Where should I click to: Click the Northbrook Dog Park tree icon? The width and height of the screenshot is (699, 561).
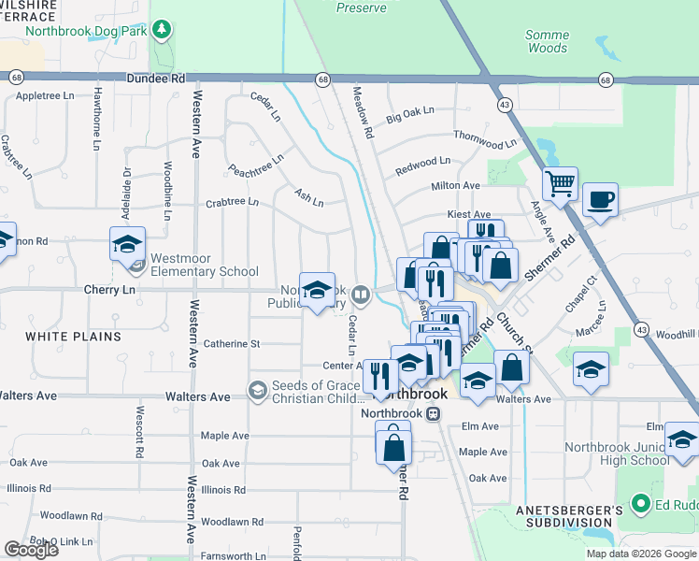click(x=164, y=30)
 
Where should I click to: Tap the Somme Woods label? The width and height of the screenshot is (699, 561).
click(x=548, y=41)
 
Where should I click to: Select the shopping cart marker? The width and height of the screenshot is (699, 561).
click(x=560, y=183)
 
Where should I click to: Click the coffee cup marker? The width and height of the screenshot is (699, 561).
click(x=600, y=198)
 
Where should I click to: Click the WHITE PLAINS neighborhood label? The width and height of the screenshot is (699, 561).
click(x=73, y=336)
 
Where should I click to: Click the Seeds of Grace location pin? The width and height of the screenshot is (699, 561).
click(x=257, y=388)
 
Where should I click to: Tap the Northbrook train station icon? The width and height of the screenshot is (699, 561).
click(x=432, y=413)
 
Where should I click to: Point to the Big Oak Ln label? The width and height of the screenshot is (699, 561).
click(x=411, y=113)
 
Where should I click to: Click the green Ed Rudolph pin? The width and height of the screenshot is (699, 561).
click(x=640, y=505)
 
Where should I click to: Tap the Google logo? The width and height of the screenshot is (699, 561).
click(x=31, y=550)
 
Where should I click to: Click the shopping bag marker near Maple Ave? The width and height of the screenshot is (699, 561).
click(x=393, y=445)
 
